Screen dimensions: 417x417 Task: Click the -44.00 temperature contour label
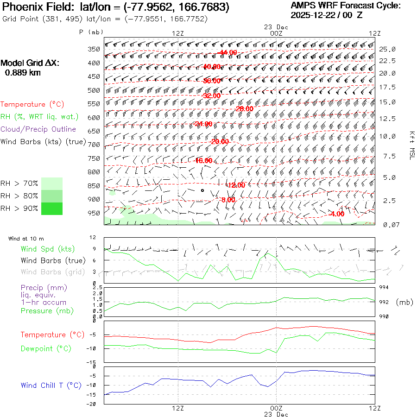[228, 52]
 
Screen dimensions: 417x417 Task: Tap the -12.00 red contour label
[235, 185]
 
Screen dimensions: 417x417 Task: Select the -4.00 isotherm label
[336, 214]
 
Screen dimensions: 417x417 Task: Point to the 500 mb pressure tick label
[94, 90]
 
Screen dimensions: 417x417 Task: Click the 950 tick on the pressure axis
[94, 213]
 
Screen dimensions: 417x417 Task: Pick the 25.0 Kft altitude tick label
[387, 49]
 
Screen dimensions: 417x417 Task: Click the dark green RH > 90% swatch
[52, 208]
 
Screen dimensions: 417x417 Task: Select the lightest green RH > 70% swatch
[52, 183]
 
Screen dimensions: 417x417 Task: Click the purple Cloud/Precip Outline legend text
[38, 129]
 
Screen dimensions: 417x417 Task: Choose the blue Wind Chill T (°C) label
[51, 385]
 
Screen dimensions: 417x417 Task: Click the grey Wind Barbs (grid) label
[51, 272]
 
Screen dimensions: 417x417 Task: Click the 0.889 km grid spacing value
[22, 73]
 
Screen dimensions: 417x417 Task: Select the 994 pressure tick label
[384, 287]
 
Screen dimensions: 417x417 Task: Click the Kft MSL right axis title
[411, 145]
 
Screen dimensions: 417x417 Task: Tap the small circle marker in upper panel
[202, 190]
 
